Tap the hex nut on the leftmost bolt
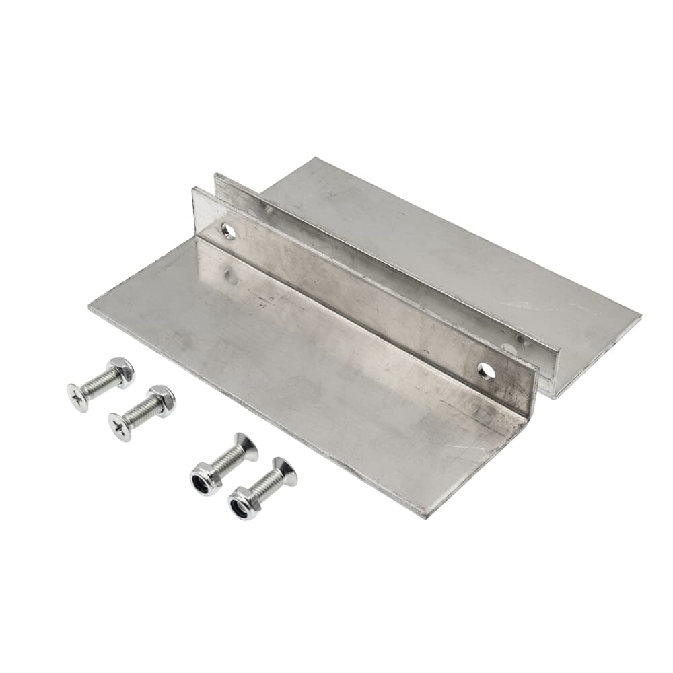pyautogui.click(x=121, y=371)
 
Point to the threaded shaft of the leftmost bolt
pyautogui.click(x=100, y=384)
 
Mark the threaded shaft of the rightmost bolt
pyautogui.click(x=265, y=487)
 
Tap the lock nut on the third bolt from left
pyautogui.click(x=204, y=479)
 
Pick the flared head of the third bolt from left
pyautogui.click(x=246, y=447)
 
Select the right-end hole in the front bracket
pyautogui.click(x=486, y=371)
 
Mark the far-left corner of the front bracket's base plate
pyautogui.click(x=90, y=306)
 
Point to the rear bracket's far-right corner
pyautogui.click(x=640, y=316)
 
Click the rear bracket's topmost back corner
pyautogui.click(x=315, y=158)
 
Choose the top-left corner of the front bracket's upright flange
pyautogui.click(x=194, y=189)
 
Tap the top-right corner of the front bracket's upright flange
pyautogui.click(x=538, y=367)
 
